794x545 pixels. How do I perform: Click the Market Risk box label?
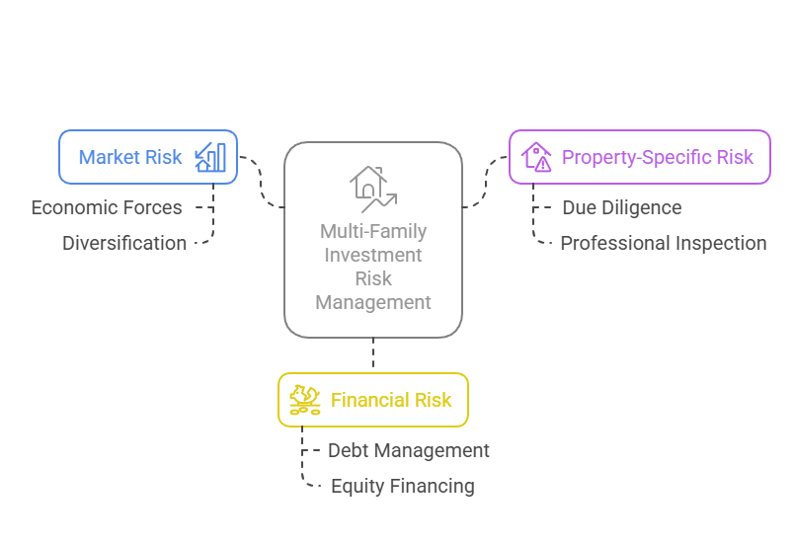(x=130, y=157)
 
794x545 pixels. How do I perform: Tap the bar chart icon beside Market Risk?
(x=210, y=157)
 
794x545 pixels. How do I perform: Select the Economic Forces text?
(x=107, y=208)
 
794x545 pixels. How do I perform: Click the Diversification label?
(x=124, y=243)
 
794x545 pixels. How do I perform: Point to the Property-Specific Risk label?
(x=658, y=157)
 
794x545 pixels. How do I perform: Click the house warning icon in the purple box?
(x=536, y=157)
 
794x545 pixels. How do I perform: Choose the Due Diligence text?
(x=622, y=208)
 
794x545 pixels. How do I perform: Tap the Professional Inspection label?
(x=664, y=243)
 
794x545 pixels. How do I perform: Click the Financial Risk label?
(x=391, y=400)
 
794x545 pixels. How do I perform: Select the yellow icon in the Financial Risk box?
(x=305, y=400)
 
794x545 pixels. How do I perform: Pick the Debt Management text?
(x=409, y=450)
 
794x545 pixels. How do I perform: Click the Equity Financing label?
(x=402, y=486)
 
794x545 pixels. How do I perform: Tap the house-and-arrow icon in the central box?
(x=372, y=188)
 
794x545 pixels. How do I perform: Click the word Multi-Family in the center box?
(x=373, y=232)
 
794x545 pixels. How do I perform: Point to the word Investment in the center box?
(x=373, y=255)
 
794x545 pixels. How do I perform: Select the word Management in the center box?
(x=373, y=302)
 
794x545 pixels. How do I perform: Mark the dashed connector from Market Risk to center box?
(x=262, y=183)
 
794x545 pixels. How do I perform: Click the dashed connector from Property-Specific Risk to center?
(x=485, y=183)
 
